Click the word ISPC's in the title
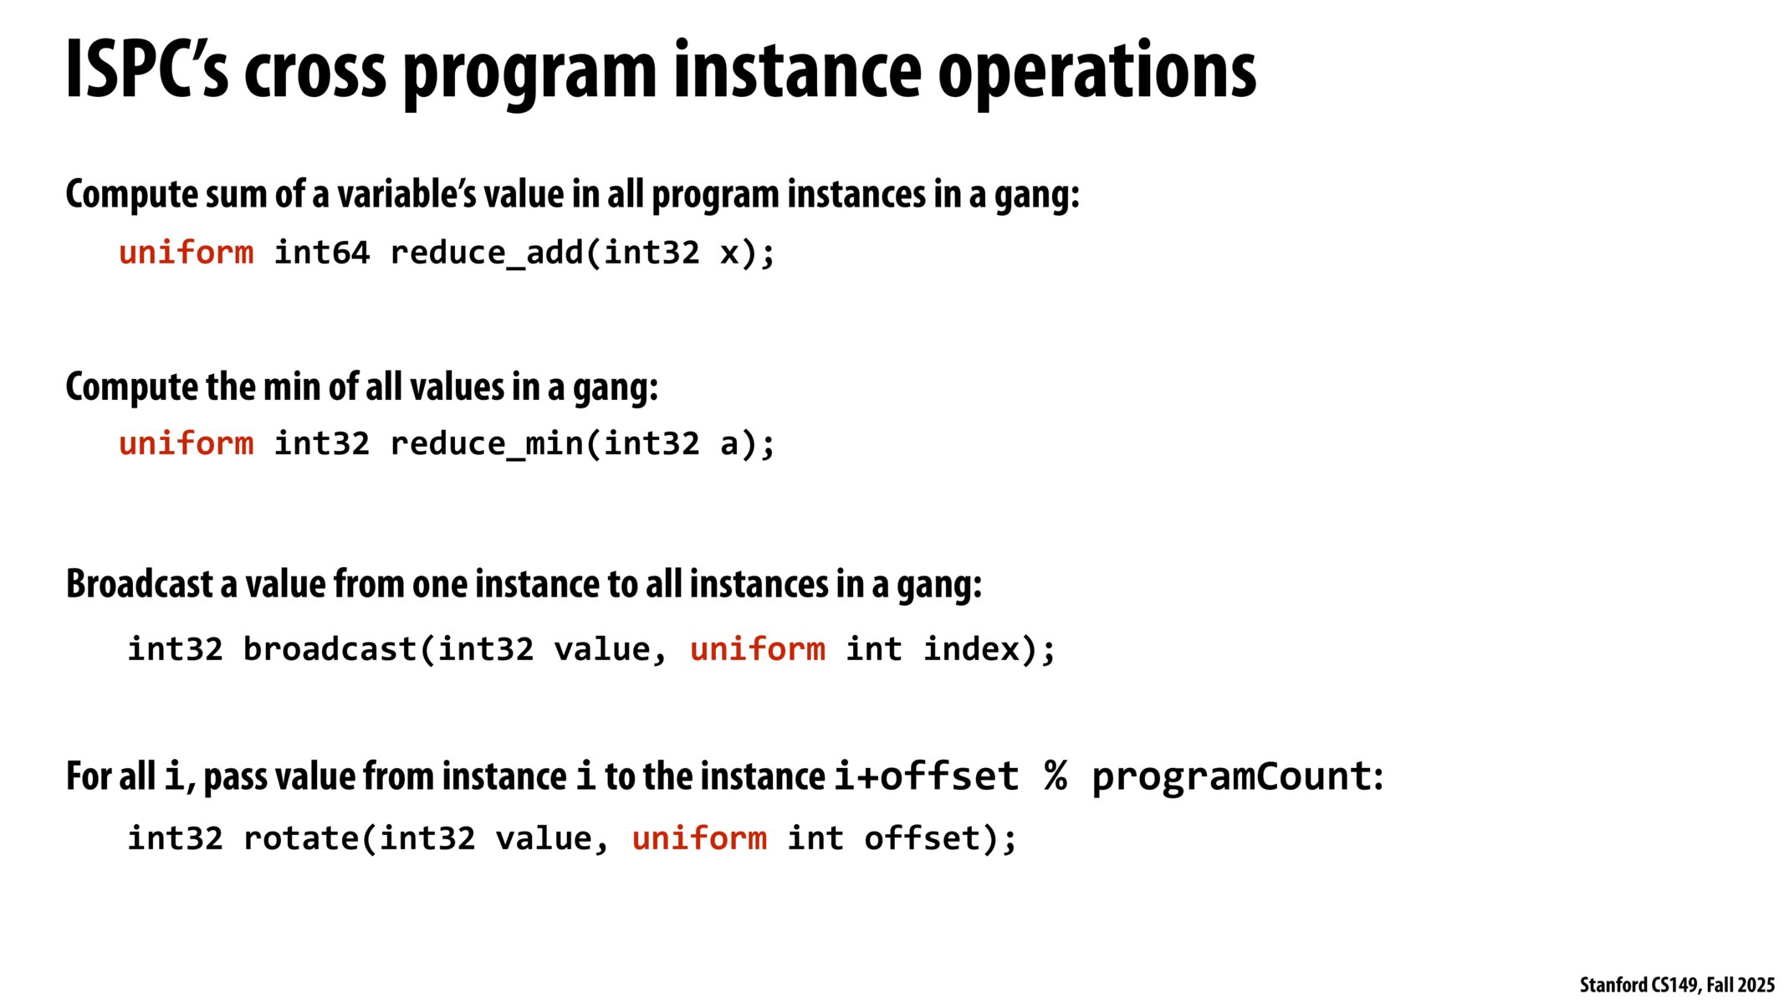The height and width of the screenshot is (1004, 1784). click(146, 70)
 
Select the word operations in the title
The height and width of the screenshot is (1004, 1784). click(1096, 70)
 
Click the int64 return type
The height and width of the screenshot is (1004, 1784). click(322, 253)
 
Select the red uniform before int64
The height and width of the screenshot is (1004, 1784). click(186, 253)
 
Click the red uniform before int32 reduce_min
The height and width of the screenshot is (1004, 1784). click(186, 443)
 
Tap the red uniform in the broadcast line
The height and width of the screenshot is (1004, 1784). click(757, 649)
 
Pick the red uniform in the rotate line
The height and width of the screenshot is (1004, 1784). click(699, 838)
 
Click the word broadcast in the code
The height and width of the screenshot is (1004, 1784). click(330, 649)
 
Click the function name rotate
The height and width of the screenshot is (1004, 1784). click(300, 838)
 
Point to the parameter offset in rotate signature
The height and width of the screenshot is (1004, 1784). click(923, 838)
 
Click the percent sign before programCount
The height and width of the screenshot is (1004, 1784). click(1056, 776)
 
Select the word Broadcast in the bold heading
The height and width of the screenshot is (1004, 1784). click(139, 584)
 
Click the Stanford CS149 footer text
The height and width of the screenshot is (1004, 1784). click(1676, 985)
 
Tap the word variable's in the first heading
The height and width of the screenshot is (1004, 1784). click(407, 194)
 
